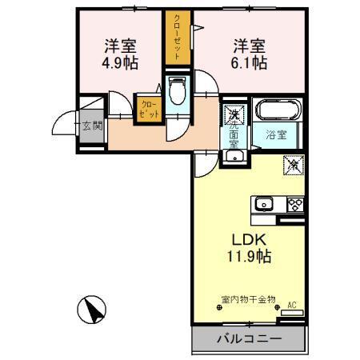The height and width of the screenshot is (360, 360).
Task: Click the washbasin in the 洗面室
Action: [233, 155]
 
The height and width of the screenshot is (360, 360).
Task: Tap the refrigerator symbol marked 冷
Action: [292, 166]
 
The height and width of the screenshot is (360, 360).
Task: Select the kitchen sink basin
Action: [264, 204]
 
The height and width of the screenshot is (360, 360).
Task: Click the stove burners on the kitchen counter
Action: [294, 204]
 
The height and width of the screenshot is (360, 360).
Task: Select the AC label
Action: [291, 305]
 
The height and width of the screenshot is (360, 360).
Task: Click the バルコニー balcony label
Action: [248, 338]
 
